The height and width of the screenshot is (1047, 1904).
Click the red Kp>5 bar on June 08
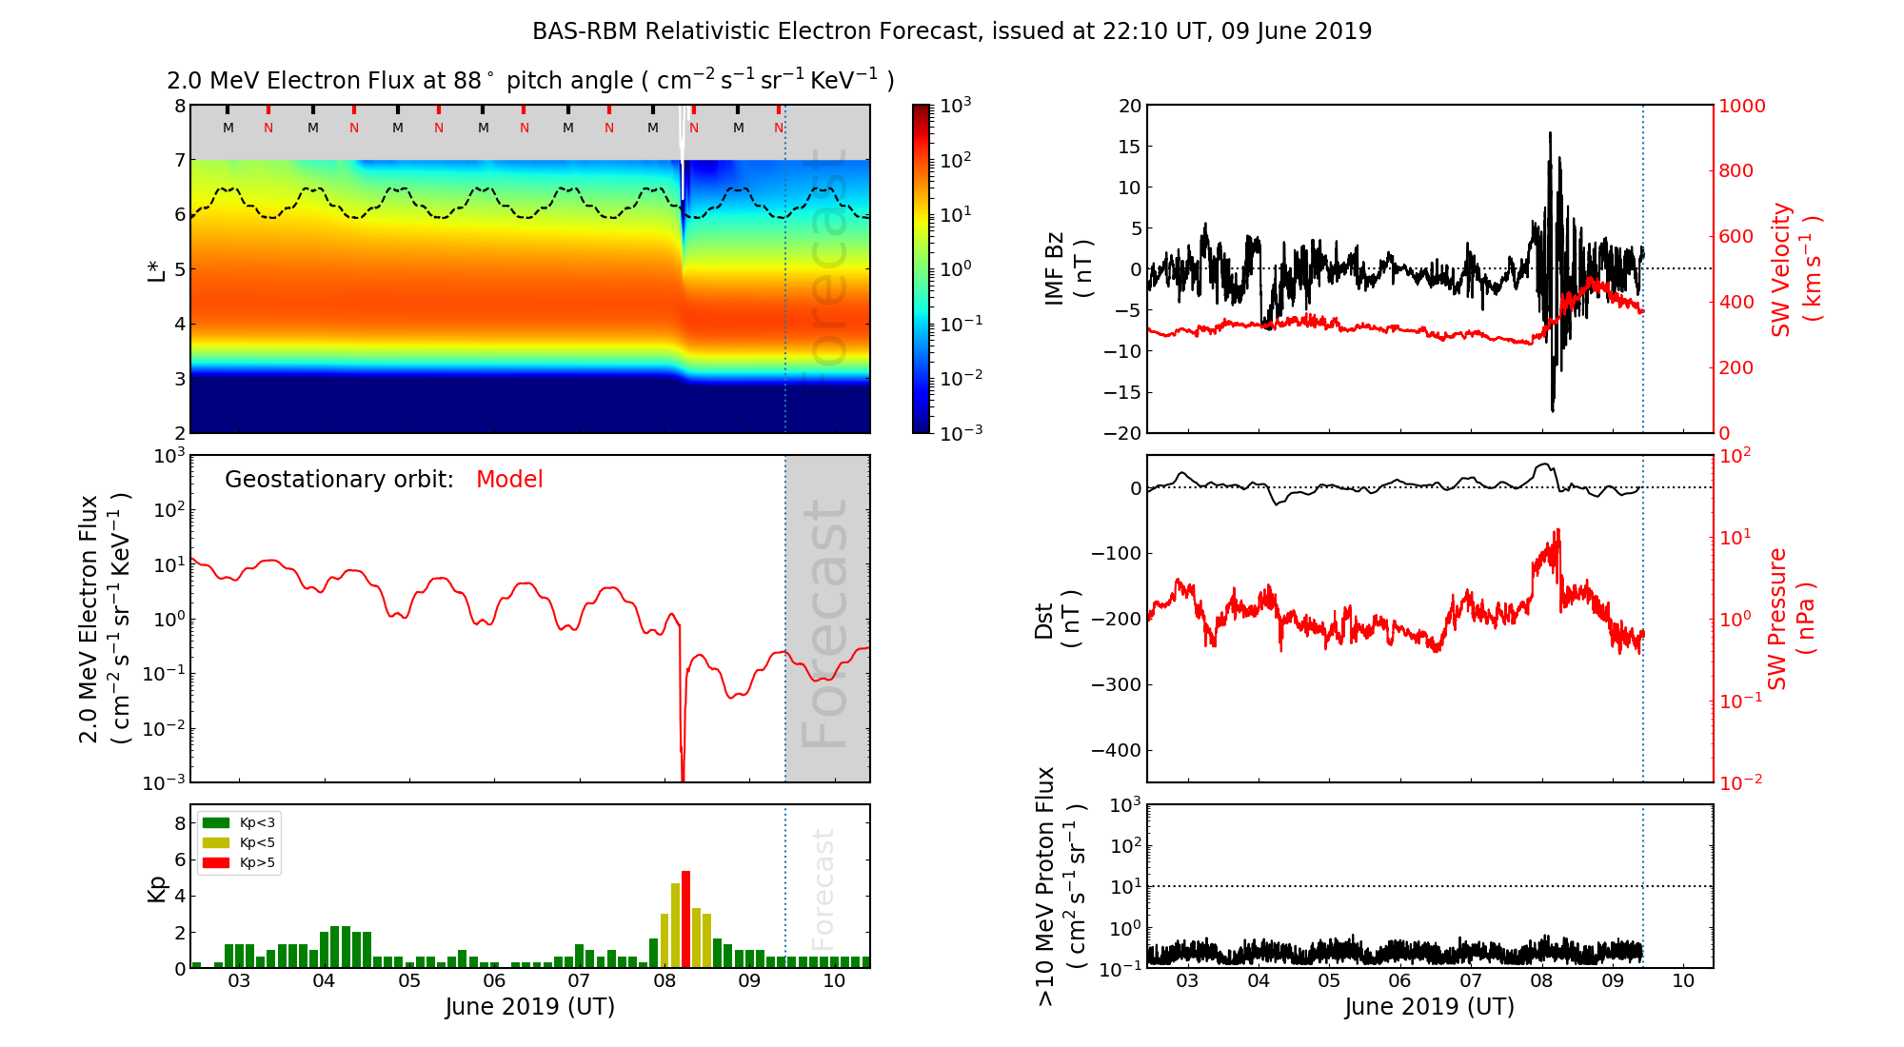685,919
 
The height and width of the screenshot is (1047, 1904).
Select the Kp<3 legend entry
239,823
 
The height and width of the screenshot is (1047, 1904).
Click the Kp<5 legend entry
239,843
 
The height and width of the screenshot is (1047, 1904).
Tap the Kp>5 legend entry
239,863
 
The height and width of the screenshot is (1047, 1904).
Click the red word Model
509,480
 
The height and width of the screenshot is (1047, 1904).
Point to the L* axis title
156,269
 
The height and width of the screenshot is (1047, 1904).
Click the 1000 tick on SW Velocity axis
1741,107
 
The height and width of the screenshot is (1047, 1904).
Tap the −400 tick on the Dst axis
1115,750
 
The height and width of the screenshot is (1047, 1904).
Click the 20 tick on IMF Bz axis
1129,107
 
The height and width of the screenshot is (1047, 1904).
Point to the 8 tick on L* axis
179,107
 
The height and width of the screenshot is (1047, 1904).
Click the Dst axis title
1058,619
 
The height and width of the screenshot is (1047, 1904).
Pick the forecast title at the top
952,31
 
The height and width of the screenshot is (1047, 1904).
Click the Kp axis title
157,888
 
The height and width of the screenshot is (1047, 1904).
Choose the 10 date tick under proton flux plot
1683,981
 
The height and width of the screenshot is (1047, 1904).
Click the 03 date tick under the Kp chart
239,981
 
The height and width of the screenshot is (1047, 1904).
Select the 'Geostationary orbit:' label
339,480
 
